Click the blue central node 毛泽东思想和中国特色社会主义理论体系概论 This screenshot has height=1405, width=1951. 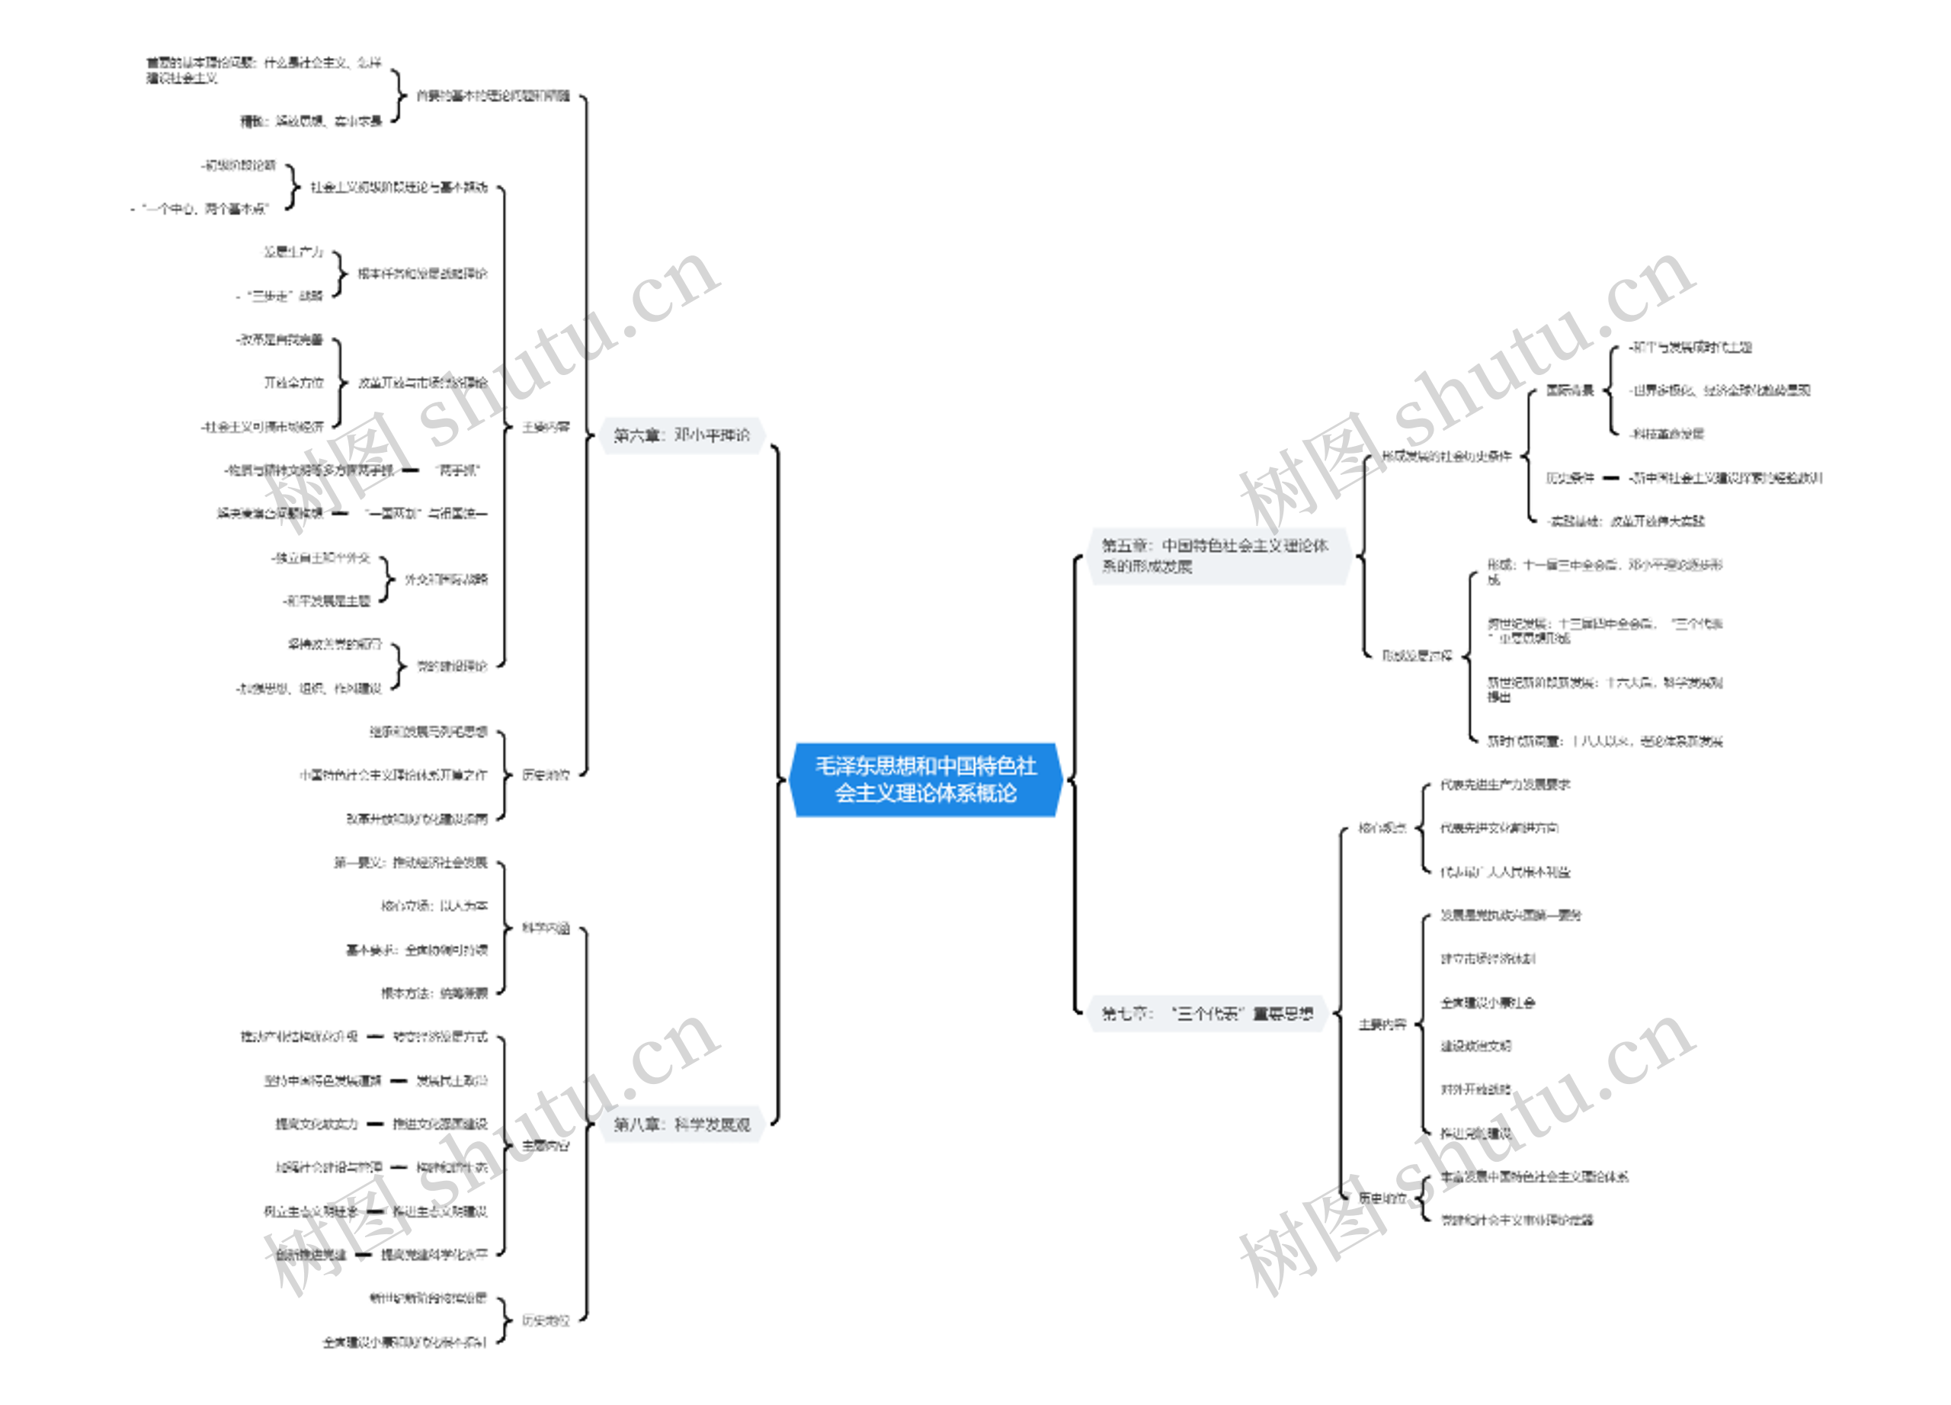click(x=926, y=780)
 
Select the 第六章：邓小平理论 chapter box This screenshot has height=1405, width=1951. click(x=681, y=435)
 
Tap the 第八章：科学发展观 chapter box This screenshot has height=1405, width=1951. click(x=681, y=1124)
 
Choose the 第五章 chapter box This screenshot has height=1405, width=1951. click(x=1217, y=556)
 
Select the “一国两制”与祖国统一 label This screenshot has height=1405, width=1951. click(x=426, y=514)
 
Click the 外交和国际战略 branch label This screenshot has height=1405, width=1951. click(x=446, y=579)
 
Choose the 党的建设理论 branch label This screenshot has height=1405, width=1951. click(x=452, y=666)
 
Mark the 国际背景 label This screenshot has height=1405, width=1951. click(x=1569, y=390)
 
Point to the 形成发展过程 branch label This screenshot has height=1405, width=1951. click(x=1417, y=656)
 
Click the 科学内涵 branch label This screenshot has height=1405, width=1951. click(x=546, y=928)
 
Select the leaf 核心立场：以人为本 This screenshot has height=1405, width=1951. click(x=434, y=906)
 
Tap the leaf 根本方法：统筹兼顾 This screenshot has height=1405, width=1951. click(x=434, y=993)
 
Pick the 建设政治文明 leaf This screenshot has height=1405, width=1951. click(x=1475, y=1046)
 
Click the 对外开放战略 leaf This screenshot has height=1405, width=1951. click(x=1475, y=1089)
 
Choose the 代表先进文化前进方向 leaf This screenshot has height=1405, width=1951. click(x=1498, y=828)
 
